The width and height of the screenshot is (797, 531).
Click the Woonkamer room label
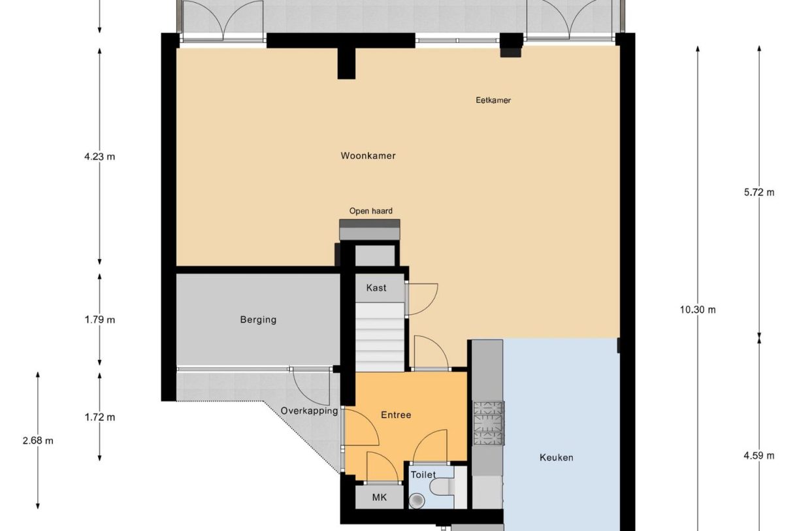(368, 156)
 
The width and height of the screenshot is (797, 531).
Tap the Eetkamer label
(493, 101)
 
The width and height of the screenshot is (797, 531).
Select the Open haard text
(371, 211)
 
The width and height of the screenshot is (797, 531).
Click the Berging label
(258, 320)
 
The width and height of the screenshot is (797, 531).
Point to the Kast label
(376, 288)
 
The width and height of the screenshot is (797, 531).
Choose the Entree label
(396, 415)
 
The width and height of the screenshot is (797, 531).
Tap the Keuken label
(557, 457)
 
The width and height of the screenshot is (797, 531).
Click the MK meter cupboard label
(380, 497)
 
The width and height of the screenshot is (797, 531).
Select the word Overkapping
(309, 411)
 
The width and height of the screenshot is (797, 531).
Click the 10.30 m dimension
(698, 310)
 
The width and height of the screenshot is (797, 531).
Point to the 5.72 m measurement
(759, 193)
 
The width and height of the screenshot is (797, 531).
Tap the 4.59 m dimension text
(759, 456)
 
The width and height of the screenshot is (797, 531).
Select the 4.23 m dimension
(99, 157)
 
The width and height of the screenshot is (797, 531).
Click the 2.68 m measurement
(38, 441)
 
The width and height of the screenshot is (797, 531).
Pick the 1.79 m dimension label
(99, 320)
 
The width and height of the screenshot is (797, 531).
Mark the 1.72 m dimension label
(99, 417)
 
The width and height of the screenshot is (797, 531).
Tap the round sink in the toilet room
(417, 500)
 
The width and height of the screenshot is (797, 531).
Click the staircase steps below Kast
(380, 337)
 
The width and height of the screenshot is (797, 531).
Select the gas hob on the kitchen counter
(488, 423)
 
